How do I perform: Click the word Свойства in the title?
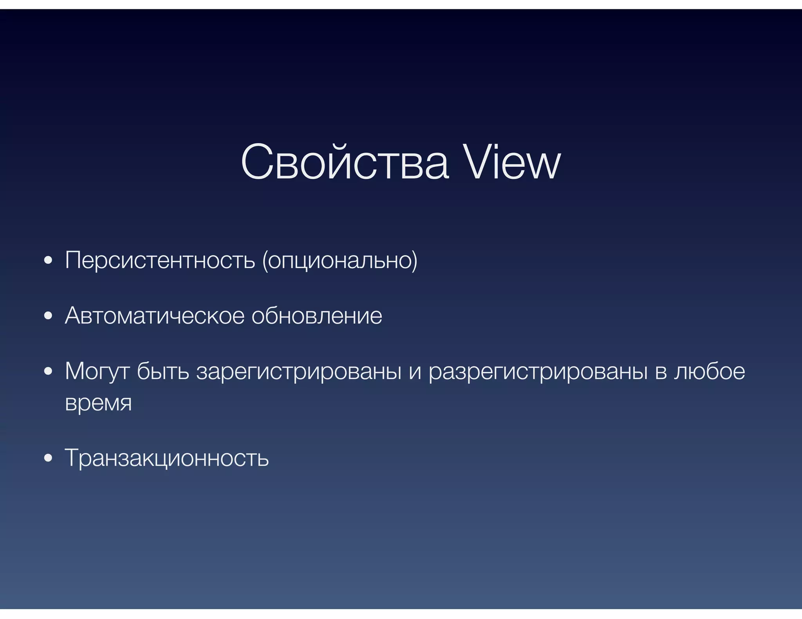click(x=345, y=162)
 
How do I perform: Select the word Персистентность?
click(x=160, y=260)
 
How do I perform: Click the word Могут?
click(x=97, y=371)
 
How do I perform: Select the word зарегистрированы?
click(x=299, y=371)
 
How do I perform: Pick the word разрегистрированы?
click(x=538, y=371)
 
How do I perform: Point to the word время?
click(x=98, y=403)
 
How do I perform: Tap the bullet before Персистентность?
click(x=48, y=261)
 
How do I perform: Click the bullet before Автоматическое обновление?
click(x=48, y=316)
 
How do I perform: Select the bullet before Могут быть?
click(x=48, y=372)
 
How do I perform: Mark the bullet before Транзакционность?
click(x=48, y=458)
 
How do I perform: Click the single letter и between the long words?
click(x=415, y=372)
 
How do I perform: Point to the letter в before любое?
click(x=661, y=372)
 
